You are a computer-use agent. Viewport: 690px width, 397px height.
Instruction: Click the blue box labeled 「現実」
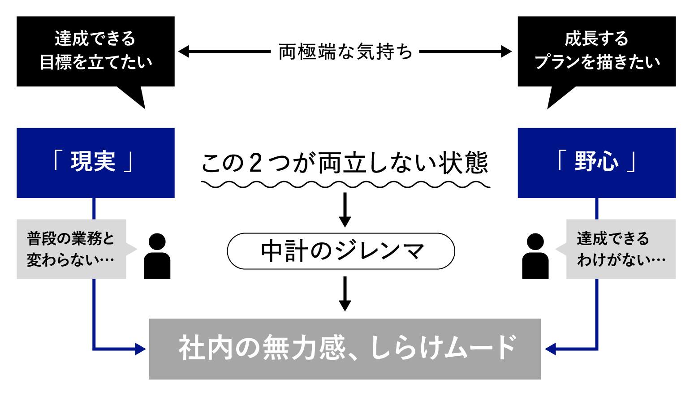95,163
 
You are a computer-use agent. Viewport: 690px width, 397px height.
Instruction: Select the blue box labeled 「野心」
596,163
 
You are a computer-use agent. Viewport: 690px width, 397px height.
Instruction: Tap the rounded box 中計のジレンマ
341,251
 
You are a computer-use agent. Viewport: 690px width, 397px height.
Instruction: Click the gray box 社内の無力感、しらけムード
345,349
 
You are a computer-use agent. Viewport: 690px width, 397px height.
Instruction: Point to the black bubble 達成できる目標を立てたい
95,51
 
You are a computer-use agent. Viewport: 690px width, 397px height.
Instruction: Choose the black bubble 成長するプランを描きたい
596,51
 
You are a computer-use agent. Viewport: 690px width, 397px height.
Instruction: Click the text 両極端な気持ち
345,52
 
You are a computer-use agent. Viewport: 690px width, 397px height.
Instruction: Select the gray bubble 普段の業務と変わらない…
71,249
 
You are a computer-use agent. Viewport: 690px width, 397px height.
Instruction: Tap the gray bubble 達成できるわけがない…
621,249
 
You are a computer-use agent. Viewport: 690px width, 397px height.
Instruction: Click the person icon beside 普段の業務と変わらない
157,257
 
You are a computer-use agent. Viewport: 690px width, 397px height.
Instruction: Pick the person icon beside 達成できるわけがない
535,257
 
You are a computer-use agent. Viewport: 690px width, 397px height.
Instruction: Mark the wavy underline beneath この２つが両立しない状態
345,184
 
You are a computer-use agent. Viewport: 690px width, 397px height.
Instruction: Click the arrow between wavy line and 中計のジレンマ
345,210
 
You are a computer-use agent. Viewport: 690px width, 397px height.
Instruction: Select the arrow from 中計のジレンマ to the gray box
345,293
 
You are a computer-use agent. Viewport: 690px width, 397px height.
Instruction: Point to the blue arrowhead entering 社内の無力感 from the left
140,349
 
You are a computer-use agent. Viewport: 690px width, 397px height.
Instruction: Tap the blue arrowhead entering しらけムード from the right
551,349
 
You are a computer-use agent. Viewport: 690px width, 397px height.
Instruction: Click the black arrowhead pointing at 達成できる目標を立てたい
184,52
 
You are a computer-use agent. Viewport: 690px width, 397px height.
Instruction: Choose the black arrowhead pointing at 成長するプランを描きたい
506,52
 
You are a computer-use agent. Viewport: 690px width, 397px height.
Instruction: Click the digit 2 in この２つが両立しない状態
255,163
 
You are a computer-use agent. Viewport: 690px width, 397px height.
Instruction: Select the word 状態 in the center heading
463,163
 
